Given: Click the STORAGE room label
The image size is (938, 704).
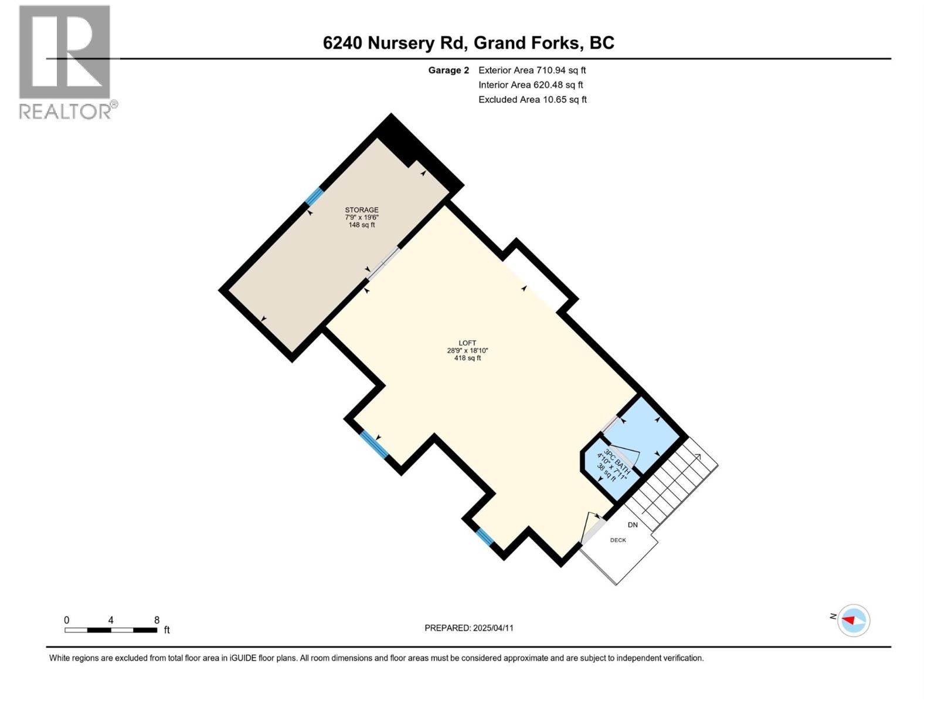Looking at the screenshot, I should click(x=361, y=210).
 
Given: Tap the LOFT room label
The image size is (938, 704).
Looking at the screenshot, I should click(x=467, y=343).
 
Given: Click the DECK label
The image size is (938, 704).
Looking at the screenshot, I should click(x=618, y=540).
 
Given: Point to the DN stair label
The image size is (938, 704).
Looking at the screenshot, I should click(x=633, y=525).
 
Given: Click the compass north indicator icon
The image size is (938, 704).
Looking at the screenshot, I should click(x=853, y=620).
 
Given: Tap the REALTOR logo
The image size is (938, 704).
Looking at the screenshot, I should click(x=65, y=62).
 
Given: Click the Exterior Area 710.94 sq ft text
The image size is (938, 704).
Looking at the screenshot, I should click(x=532, y=70).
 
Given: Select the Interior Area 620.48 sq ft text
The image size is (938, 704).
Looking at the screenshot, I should click(x=531, y=85).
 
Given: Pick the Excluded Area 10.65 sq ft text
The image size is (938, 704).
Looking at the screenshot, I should click(x=532, y=100).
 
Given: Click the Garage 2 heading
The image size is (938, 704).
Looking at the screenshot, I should click(x=448, y=70).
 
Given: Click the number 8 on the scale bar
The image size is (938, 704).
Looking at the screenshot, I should click(x=157, y=620).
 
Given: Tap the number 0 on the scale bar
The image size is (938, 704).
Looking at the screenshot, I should click(x=67, y=620).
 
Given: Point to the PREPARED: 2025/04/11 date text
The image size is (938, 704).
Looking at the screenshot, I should click(x=469, y=628).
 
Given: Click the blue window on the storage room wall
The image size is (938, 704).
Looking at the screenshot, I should click(x=314, y=196).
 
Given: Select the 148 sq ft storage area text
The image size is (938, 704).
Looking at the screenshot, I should click(x=361, y=225).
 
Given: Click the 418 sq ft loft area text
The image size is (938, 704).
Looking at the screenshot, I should click(x=467, y=358).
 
